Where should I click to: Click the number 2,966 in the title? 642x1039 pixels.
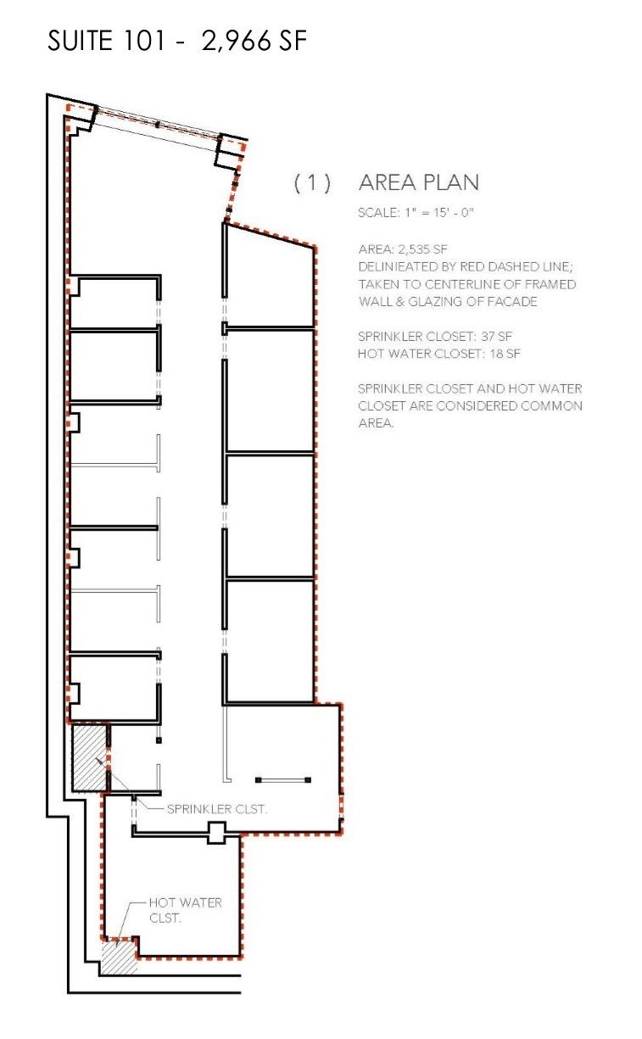pos(236,41)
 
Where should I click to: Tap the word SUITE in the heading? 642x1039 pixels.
pos(80,41)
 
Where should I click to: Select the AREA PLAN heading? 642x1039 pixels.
pos(418,182)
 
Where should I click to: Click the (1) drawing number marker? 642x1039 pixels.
pos(313,182)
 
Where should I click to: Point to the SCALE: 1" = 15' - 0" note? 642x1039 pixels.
pos(416,213)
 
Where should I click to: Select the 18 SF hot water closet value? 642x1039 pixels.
pos(505,354)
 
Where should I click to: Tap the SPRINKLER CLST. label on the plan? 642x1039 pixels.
pos(216,809)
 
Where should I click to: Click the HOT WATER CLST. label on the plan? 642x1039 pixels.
pos(185,910)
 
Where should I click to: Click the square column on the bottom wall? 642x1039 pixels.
pos(216,833)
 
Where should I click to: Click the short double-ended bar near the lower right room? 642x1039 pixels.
pos(283,780)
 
